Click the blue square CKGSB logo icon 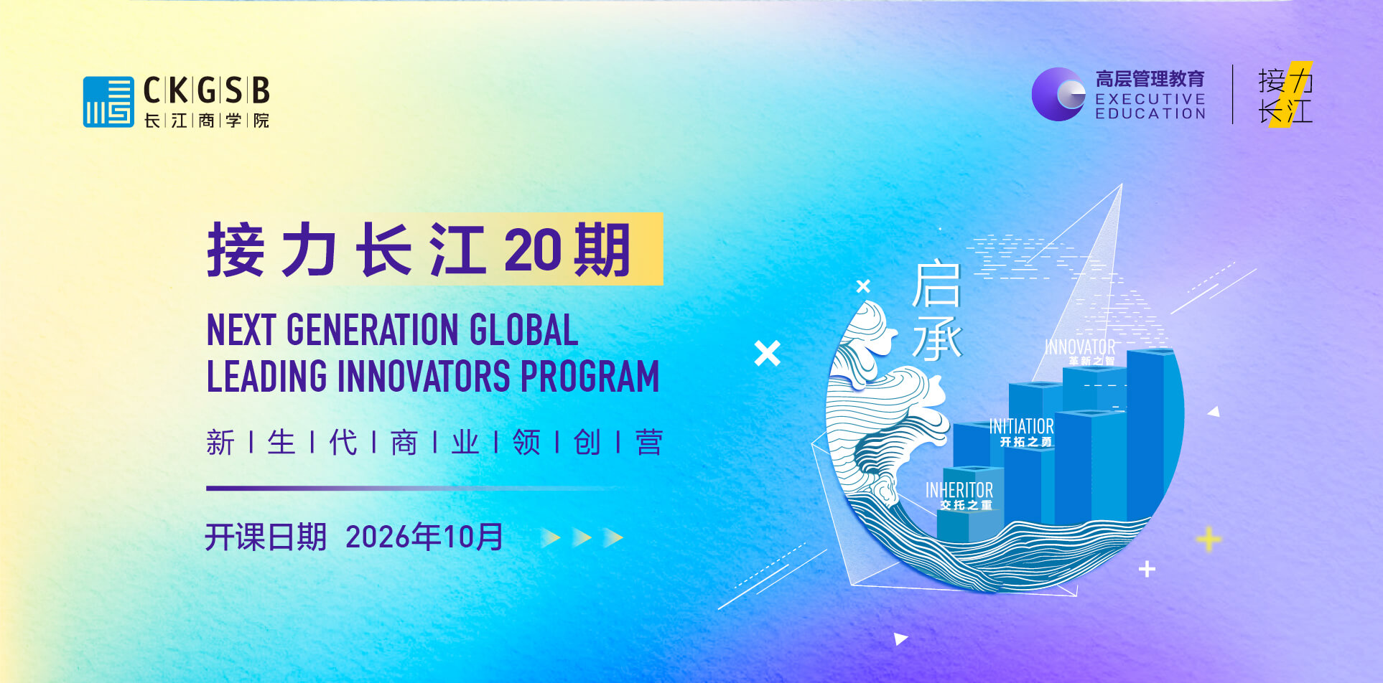click(108, 102)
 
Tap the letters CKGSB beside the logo click(207, 91)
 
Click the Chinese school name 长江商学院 click(207, 121)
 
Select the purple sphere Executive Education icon click(1058, 94)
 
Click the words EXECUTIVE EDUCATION click(1150, 106)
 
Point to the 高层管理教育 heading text click(1150, 78)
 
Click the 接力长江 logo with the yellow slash click(1285, 95)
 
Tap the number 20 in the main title click(531, 250)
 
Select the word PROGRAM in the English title click(590, 376)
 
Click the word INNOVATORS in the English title click(424, 376)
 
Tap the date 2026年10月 click(424, 537)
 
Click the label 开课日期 click(266, 537)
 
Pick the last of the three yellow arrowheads click(613, 537)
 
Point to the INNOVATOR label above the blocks click(1080, 347)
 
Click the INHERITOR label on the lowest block click(959, 490)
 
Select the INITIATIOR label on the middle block click(1022, 426)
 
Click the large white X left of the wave click(767, 353)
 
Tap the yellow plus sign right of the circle click(1208, 539)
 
